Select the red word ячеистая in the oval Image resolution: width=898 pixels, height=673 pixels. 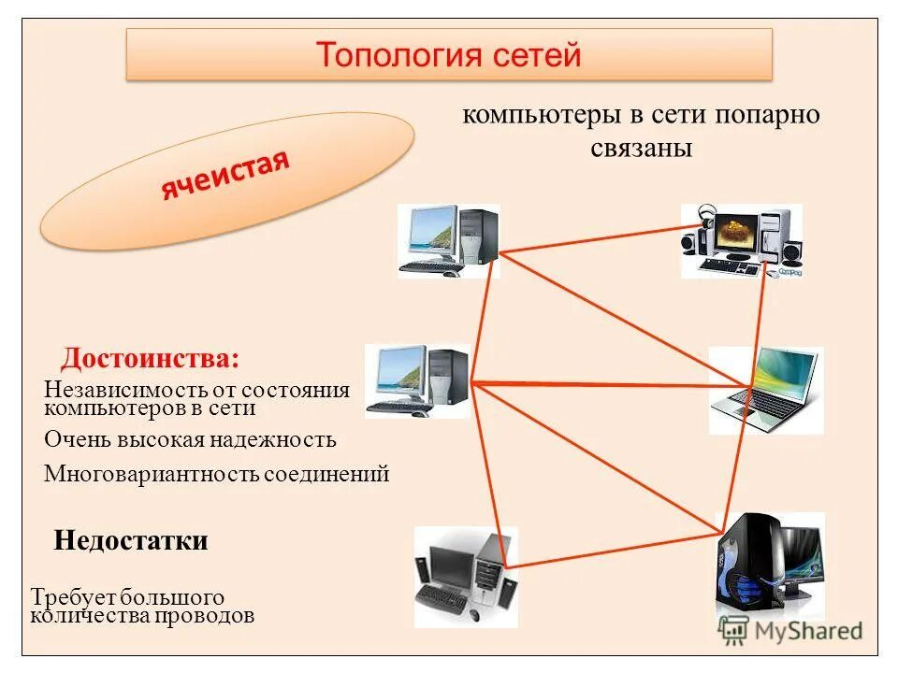click(x=225, y=176)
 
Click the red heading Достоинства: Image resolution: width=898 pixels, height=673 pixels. click(x=150, y=359)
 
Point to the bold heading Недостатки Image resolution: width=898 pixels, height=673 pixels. click(x=131, y=540)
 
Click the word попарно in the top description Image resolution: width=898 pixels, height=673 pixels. click(x=769, y=116)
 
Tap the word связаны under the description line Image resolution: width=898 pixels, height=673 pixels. click(x=641, y=149)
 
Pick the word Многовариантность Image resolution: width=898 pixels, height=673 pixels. click(x=151, y=474)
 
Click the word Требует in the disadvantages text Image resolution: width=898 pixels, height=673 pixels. click(x=69, y=597)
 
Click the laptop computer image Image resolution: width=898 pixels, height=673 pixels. click(x=766, y=390)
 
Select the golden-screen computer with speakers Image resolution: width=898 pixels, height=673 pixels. click(x=741, y=240)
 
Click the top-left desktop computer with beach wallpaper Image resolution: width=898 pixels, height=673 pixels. click(x=449, y=240)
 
